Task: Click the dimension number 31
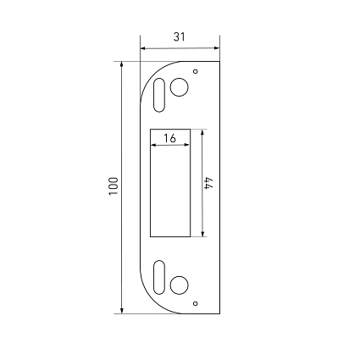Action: [x=179, y=37]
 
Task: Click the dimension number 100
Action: [x=114, y=186]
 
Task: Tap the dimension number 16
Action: [x=169, y=138]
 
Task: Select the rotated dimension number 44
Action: [x=209, y=183]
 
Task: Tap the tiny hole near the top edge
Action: [x=195, y=71]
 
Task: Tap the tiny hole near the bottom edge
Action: [x=195, y=303]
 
